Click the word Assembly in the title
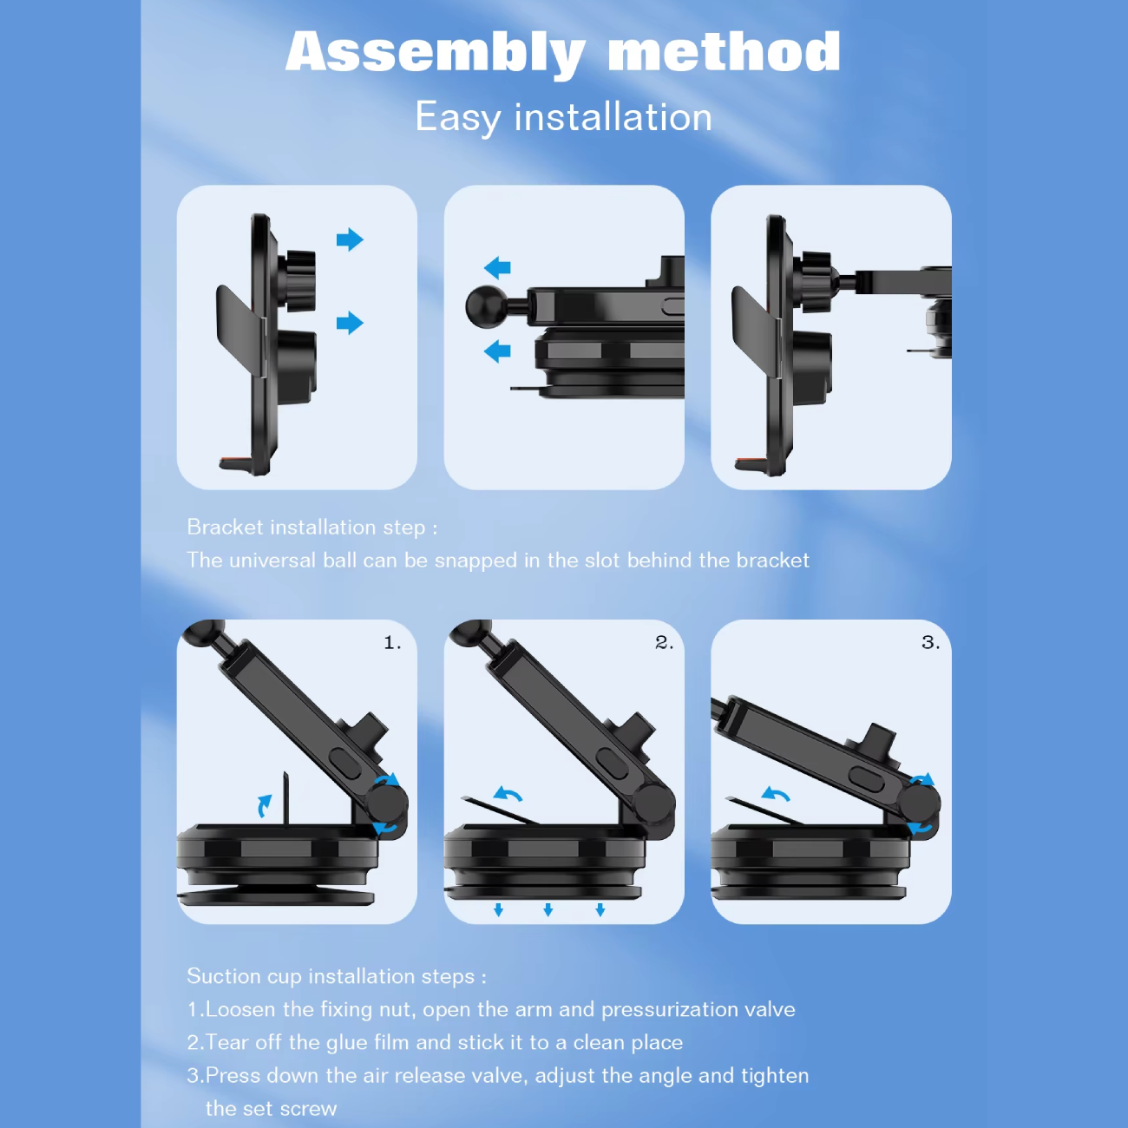[x=436, y=54]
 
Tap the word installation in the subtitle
[x=613, y=117]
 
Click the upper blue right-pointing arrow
[x=350, y=239]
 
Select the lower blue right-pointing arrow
[x=350, y=323]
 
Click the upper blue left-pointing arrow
[x=497, y=268]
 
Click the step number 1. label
[x=392, y=643]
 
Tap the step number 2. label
[x=664, y=643]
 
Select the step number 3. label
[x=930, y=643]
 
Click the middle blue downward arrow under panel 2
[x=548, y=909]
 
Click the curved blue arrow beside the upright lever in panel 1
[x=265, y=805]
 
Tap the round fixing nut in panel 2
[x=654, y=801]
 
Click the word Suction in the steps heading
[x=224, y=976]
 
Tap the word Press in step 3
[x=233, y=1076]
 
